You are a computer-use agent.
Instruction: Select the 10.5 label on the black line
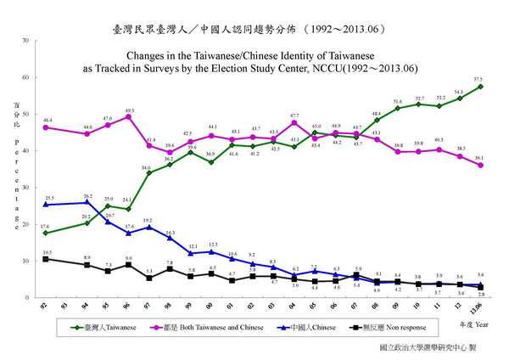pos(48,252)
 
